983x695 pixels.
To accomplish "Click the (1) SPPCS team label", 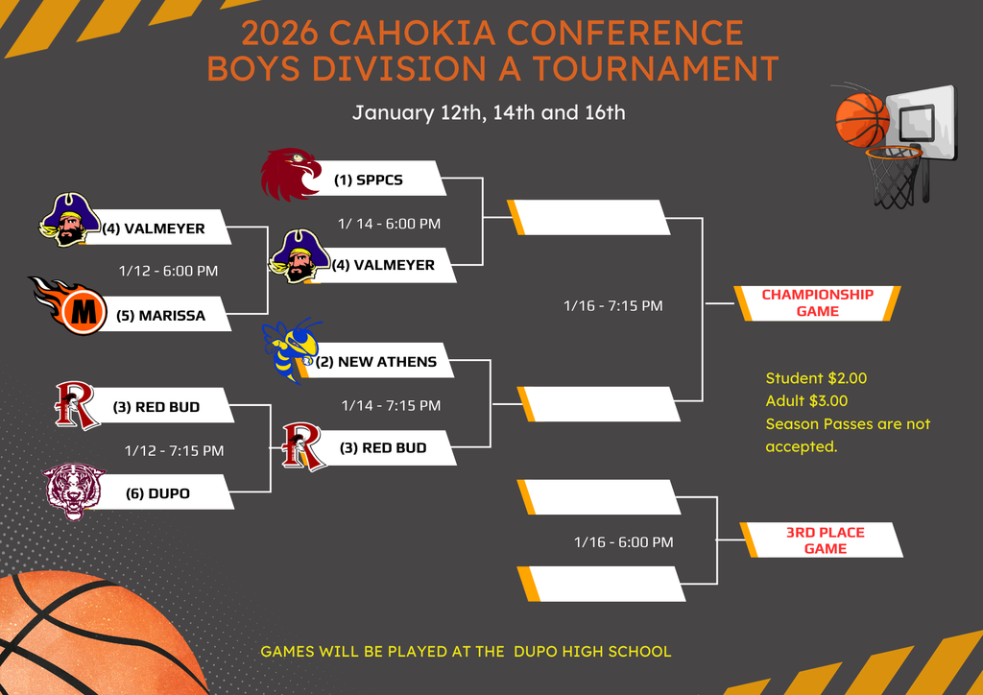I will point(368,180).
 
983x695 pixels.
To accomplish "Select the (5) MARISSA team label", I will point(172,315).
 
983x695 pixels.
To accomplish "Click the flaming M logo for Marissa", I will point(73,308).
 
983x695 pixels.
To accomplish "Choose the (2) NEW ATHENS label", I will point(387,362).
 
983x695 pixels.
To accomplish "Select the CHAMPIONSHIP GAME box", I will point(817,302).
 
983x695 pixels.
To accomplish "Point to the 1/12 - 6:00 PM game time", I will point(168,271).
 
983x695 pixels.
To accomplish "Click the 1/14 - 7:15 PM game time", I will point(391,405).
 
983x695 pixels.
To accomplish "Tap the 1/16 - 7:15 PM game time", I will point(612,305).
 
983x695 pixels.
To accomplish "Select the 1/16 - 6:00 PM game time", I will point(623,542).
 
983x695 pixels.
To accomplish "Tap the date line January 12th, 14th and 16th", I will point(489,112).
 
